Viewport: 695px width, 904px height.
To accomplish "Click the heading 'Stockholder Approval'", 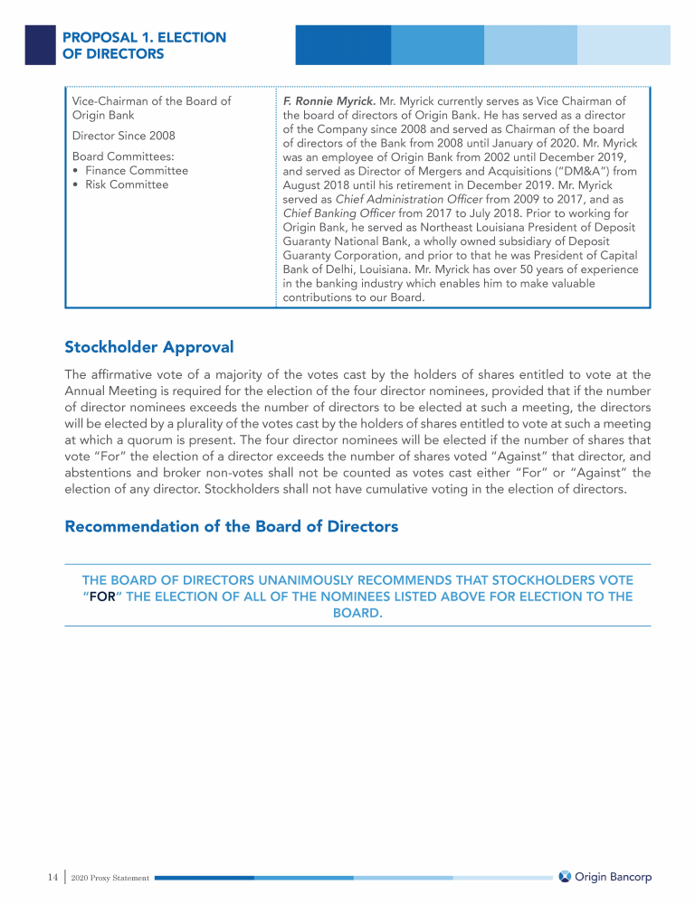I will [x=148, y=347].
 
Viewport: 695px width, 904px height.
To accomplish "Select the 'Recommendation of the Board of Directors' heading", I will [x=231, y=526].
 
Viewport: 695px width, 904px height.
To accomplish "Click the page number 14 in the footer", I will [x=52, y=877].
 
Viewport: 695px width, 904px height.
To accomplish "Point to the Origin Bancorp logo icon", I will [x=565, y=877].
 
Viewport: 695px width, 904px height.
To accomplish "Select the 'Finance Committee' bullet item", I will [x=137, y=170].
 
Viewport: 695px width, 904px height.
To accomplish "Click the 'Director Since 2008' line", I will [x=123, y=136].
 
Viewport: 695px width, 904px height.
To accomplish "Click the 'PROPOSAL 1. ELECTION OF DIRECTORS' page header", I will [x=144, y=45].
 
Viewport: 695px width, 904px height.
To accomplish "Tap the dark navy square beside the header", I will [x=40, y=44].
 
